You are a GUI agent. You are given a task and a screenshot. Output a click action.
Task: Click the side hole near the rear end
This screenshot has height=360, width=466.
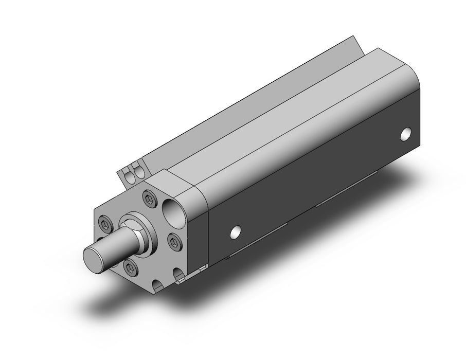tap(407, 134)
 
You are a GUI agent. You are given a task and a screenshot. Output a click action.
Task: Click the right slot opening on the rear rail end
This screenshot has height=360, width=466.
tap(137, 173)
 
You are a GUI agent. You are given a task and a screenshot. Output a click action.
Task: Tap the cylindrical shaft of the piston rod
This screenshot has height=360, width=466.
tap(116, 247)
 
